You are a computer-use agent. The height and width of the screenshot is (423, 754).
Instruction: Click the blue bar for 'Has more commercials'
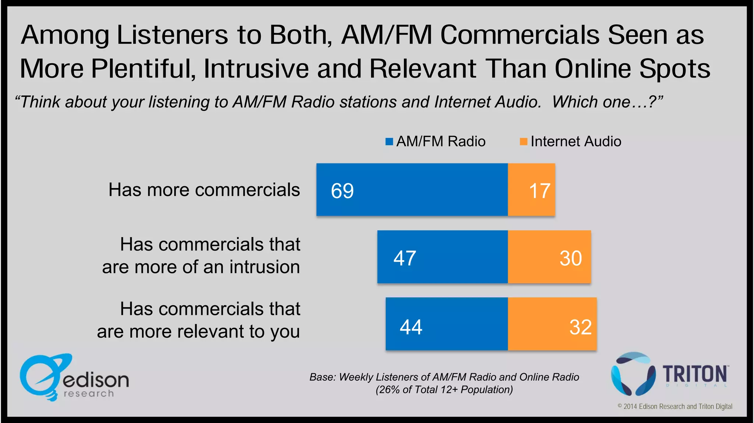pos(412,190)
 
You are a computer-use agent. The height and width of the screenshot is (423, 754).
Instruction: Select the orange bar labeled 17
pos(531,190)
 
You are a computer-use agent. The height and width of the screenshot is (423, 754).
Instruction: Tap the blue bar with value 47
pos(442,257)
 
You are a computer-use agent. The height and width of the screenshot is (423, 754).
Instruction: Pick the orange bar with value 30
pos(549,257)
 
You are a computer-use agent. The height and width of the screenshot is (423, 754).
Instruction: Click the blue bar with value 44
pos(447,324)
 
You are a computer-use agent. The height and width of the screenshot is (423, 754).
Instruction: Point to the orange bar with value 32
pos(552,324)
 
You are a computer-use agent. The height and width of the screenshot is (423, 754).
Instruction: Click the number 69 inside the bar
pos(342,191)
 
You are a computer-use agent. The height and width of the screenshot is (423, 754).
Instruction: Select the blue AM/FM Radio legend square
pos(389,142)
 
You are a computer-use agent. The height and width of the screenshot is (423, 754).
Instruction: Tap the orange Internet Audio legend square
pos(523,142)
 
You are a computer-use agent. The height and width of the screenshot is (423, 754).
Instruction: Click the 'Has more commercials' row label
pos(204,190)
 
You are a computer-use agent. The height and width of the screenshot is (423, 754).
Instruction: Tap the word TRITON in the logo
pos(695,374)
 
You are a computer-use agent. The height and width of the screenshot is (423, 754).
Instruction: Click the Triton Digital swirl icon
pos(633,374)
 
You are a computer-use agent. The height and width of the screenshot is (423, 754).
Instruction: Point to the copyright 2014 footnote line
pos(674,406)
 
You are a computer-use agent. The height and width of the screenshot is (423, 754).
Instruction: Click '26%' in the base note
pos(389,389)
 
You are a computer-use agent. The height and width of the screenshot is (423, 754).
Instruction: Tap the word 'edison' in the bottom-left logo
pos(96,380)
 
